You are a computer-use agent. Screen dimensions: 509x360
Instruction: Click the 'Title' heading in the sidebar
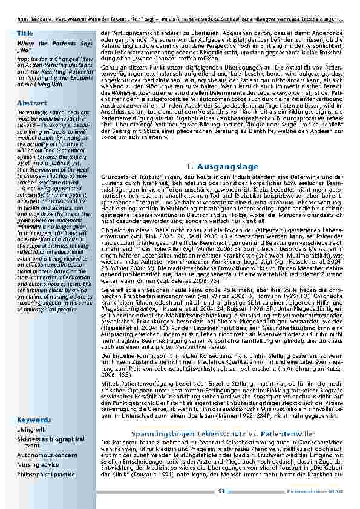pyautogui.click(x=25, y=33)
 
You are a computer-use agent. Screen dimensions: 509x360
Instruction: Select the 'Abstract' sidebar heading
pyautogui.click(x=32, y=103)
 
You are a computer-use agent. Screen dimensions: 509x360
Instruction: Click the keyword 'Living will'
pyautogui.click(x=31, y=429)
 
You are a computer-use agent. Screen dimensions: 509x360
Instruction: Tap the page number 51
pyautogui.click(x=222, y=491)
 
